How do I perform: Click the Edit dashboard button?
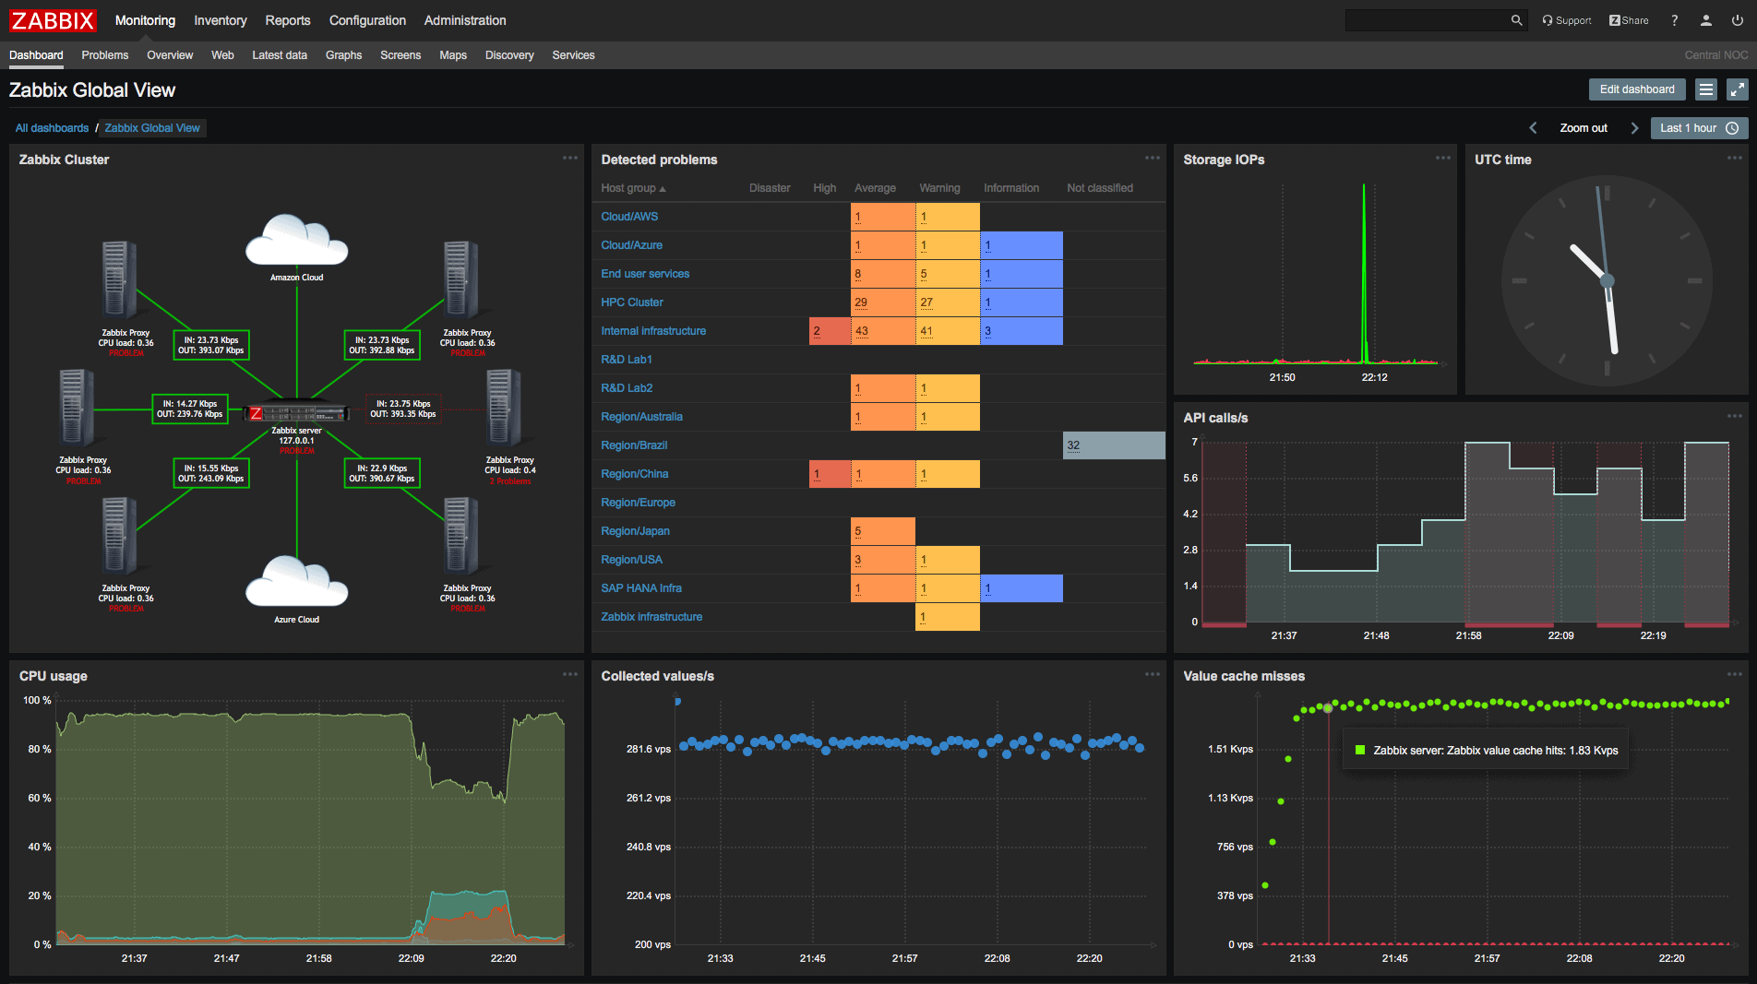pos(1636,89)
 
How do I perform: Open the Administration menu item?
pos(464,20)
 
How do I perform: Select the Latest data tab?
pos(279,55)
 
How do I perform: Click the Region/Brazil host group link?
pos(633,445)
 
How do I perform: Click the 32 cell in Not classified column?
pos(1113,445)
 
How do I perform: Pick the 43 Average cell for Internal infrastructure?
pos(882,331)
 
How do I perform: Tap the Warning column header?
pos(938,188)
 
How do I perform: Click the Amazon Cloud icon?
pos(296,242)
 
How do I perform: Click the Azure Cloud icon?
pos(296,583)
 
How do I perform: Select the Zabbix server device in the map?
pos(296,413)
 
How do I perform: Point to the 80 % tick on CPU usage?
pos(39,750)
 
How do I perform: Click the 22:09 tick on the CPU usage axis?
pos(411,958)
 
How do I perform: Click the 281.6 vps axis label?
pos(648,750)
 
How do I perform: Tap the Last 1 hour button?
pos(1698,128)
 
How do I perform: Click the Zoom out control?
pos(1583,128)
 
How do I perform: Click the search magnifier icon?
pos(1516,20)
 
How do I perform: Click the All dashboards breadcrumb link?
pos(52,128)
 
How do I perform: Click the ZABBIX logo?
pos(53,20)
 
